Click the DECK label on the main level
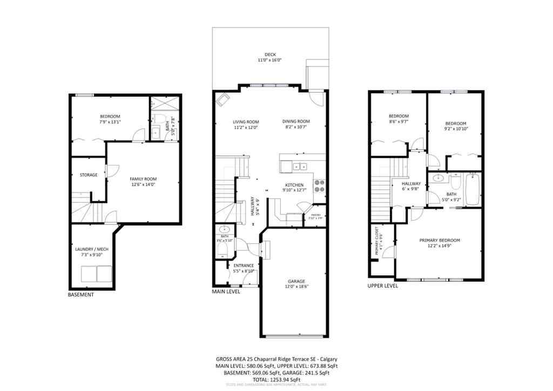click(x=270, y=54)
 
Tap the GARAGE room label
click(x=296, y=281)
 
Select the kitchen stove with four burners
click(x=319, y=185)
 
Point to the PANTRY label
click(x=315, y=216)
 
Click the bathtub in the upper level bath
click(x=473, y=189)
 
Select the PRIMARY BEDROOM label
click(x=440, y=240)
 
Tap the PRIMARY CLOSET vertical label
click(x=376, y=242)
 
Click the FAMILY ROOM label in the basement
click(x=143, y=178)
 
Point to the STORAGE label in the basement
click(x=89, y=175)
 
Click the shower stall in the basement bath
click(x=159, y=104)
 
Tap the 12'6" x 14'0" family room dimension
click(x=143, y=184)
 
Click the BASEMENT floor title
click(x=80, y=295)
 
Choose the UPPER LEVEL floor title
click(x=383, y=286)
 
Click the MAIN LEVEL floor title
click(x=226, y=291)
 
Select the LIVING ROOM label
click(x=246, y=122)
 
